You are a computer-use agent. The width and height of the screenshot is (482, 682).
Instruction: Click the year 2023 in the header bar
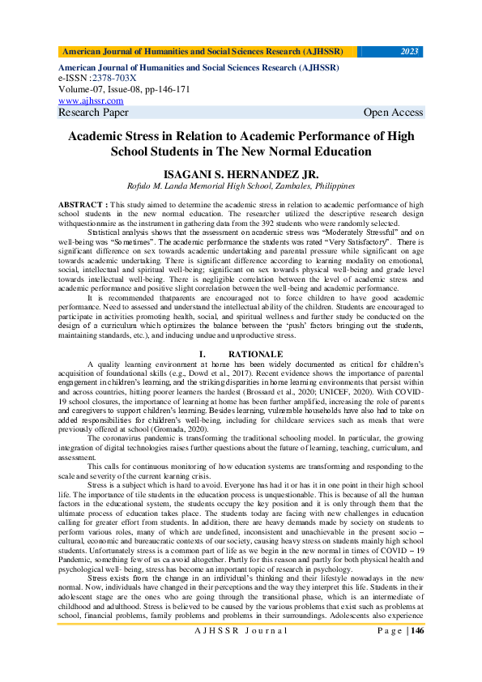(410, 51)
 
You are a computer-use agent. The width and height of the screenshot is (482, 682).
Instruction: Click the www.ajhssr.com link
(91, 100)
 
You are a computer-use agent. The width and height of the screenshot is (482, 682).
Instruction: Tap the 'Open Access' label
(393, 112)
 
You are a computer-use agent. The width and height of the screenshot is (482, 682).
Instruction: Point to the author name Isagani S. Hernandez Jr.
(241, 174)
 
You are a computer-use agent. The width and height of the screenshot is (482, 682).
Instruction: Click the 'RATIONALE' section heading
(255, 354)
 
